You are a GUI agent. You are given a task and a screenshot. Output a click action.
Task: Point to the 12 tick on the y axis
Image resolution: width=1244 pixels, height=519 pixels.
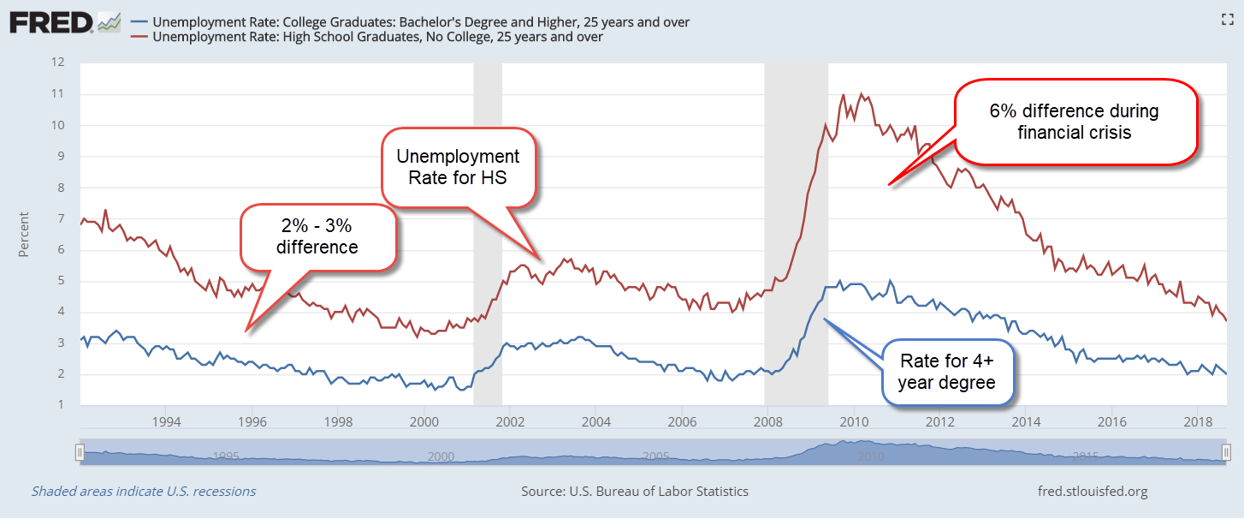(59, 63)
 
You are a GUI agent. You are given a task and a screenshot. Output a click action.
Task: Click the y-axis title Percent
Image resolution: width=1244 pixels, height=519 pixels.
(24, 234)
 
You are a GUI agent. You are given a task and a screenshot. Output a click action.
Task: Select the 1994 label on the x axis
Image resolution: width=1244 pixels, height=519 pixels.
(166, 421)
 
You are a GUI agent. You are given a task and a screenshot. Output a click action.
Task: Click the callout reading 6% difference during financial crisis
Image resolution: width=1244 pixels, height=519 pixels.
(1075, 121)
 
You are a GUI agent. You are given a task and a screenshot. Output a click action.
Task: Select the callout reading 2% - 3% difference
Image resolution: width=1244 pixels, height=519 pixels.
(317, 237)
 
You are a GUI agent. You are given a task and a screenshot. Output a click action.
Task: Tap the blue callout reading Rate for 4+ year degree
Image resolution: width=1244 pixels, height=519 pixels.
(946, 372)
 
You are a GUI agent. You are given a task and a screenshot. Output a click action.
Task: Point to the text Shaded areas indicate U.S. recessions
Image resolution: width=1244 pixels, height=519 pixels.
(144, 492)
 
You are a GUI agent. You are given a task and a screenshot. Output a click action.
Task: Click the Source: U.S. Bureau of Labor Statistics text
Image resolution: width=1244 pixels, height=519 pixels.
(635, 492)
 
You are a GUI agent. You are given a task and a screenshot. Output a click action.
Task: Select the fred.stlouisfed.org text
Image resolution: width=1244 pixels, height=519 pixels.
(1091, 492)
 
